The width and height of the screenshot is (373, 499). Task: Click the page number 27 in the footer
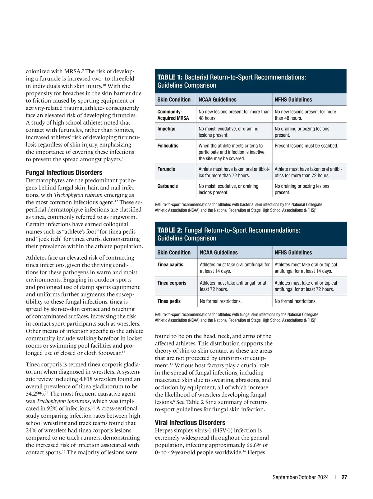344,477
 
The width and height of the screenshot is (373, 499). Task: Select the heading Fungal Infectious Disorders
64,172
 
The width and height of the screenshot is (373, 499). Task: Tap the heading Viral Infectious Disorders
190,423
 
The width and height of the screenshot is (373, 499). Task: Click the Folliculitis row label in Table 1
168,146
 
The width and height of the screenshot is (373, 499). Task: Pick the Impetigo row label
166,129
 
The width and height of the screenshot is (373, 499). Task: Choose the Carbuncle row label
168,186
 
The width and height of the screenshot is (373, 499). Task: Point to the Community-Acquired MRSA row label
173,115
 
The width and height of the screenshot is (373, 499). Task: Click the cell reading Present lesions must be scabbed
306,146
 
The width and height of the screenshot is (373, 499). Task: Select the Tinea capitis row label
170,265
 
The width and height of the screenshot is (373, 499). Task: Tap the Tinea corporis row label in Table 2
172,283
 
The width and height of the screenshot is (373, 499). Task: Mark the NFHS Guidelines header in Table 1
293,100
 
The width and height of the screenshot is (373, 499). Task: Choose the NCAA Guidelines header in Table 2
219,253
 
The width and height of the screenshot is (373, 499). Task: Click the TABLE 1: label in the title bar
170,77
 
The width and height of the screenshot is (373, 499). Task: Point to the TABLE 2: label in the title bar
170,230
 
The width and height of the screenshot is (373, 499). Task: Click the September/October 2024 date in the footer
300,477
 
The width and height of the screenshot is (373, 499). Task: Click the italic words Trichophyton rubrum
78,195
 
